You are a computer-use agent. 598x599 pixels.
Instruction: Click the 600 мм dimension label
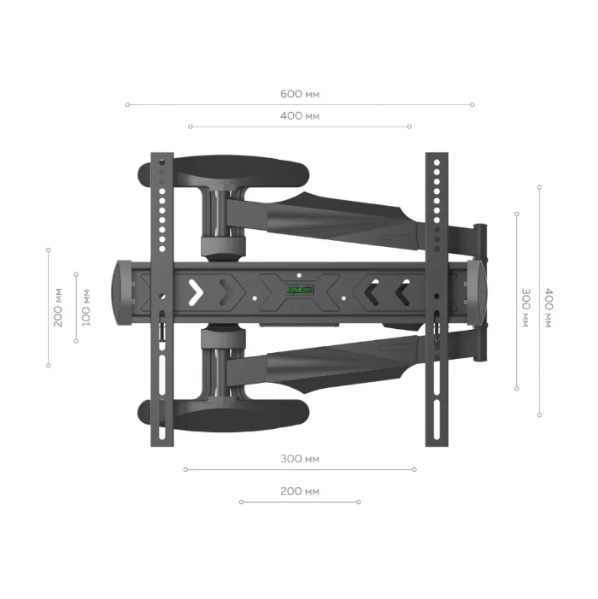tap(299, 94)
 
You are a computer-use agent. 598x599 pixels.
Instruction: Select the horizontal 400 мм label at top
tap(299, 115)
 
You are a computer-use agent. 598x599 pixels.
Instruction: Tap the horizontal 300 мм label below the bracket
tap(299, 459)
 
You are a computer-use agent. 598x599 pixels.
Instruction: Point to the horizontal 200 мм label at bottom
tap(299, 491)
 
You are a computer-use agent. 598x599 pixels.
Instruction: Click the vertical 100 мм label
tap(86, 308)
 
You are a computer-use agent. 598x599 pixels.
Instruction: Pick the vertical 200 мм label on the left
tap(58, 308)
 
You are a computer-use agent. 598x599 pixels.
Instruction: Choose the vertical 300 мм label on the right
tap(526, 308)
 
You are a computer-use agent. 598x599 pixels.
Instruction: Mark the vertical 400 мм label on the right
tap(548, 308)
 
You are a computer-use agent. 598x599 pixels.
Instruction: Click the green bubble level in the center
tap(300, 290)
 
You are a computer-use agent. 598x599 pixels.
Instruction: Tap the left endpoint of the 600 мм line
tap(127, 104)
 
